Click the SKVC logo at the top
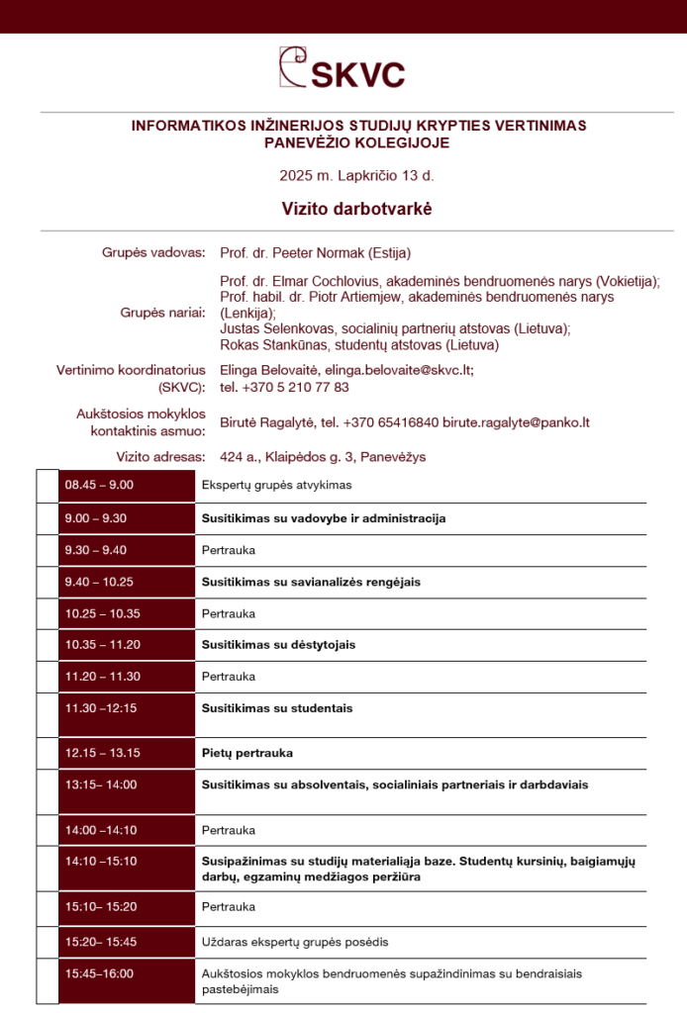(342, 68)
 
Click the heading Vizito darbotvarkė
(343, 209)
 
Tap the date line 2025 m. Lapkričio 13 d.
(343, 176)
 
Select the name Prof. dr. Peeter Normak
(283, 252)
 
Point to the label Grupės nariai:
(163, 313)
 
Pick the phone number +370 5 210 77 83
(296, 387)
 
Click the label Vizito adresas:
(160, 457)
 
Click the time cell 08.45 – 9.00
(100, 486)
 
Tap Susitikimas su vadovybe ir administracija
(324, 518)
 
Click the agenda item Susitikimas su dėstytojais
(278, 645)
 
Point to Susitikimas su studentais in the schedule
(277, 708)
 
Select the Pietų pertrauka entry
(247, 753)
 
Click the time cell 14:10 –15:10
(101, 861)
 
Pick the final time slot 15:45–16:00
(99, 973)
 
